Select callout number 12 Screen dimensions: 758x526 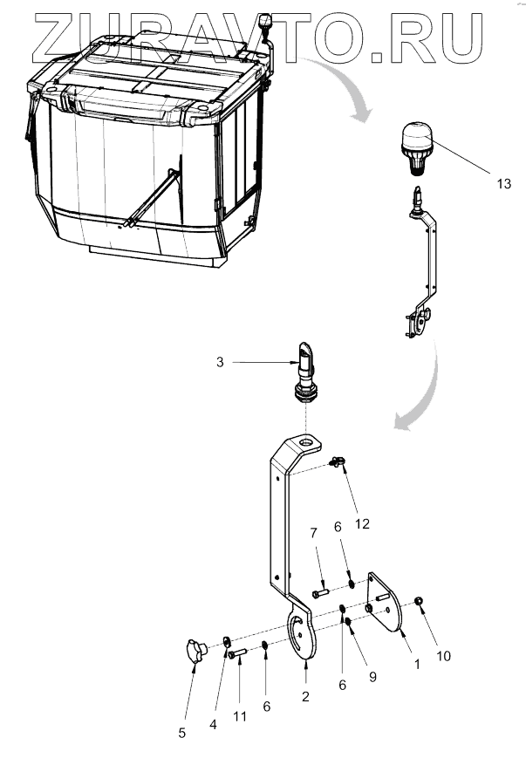361,524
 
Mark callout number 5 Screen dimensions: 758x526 181,733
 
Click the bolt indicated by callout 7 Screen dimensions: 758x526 318,593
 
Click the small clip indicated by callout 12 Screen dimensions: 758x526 336,462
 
